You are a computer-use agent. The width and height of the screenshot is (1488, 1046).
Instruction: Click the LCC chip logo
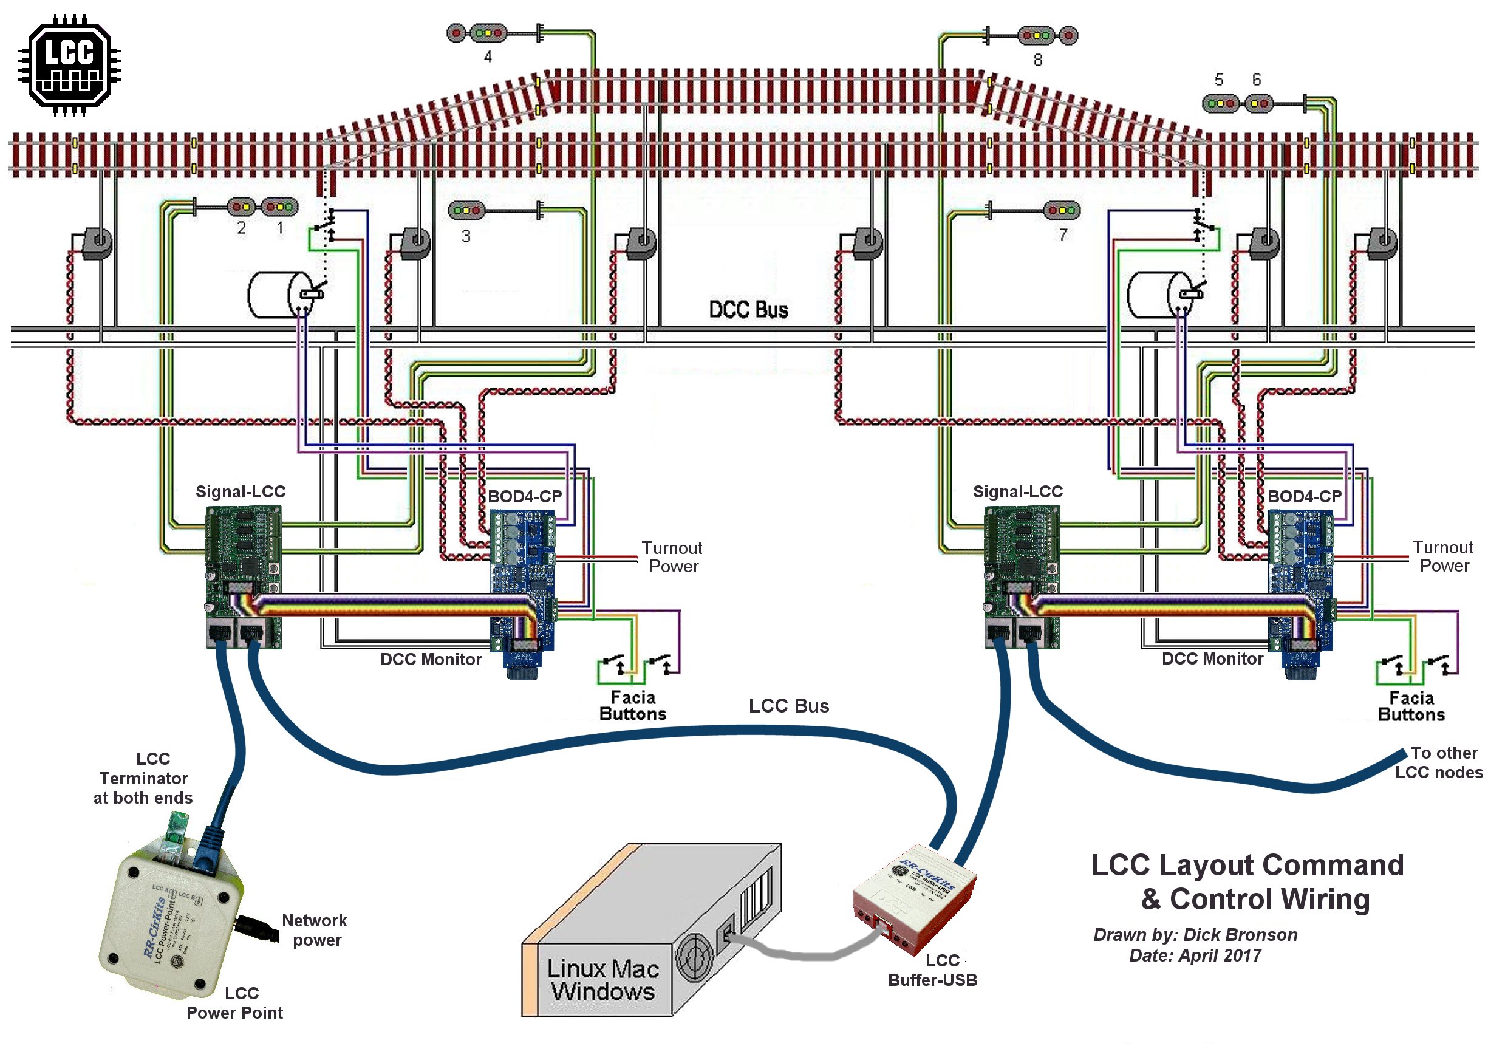(x=69, y=65)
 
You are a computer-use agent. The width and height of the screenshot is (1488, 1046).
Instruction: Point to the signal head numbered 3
(x=466, y=210)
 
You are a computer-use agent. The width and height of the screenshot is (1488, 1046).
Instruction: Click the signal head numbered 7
(x=1061, y=210)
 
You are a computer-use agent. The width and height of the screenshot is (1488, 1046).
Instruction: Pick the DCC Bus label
(x=748, y=310)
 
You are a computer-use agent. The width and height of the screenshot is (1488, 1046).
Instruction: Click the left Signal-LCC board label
(x=241, y=492)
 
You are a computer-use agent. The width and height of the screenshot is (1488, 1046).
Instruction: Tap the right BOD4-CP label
(x=1304, y=496)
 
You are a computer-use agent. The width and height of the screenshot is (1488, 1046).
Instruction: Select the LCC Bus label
(x=789, y=706)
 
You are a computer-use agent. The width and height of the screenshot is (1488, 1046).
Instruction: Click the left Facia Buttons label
(x=632, y=706)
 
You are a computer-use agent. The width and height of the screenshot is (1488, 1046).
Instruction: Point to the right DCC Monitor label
(x=1212, y=659)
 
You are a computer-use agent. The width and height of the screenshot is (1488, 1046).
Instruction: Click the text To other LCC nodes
(x=1439, y=762)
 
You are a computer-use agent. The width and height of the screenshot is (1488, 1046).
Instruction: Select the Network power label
(x=315, y=930)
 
